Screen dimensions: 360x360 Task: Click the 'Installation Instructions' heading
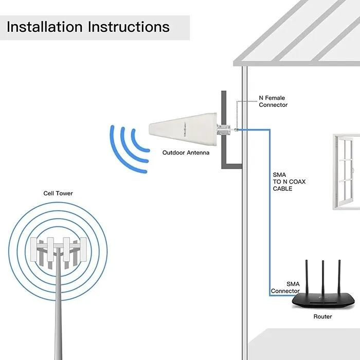coord(88,27)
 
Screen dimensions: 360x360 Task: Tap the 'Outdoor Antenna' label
coord(186,153)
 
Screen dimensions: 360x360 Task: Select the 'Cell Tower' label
coord(58,193)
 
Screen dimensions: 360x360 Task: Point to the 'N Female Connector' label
coord(273,101)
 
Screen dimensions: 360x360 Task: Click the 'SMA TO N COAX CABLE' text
coord(282,182)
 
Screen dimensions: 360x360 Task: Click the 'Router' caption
coord(322,317)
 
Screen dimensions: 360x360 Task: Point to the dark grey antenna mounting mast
coord(224,111)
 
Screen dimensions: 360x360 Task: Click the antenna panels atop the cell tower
coord(57,249)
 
